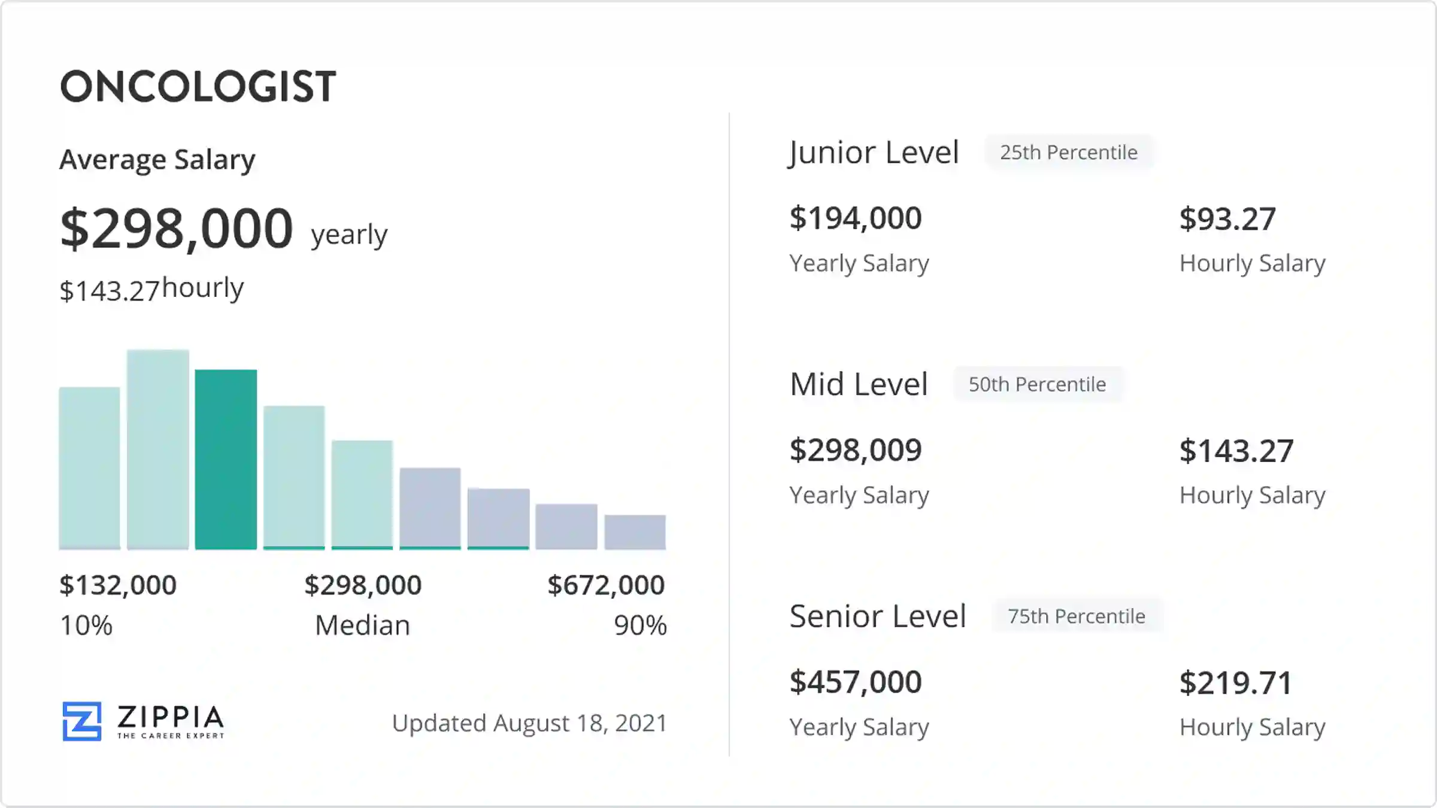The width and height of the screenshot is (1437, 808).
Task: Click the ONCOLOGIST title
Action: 198,87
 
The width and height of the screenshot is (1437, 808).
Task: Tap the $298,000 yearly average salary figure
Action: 177,228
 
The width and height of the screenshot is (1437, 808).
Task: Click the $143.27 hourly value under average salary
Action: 110,291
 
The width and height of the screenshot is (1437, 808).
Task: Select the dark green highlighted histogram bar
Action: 226,459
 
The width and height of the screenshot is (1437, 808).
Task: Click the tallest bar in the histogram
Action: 158,449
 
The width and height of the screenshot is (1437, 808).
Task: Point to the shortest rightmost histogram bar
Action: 635,531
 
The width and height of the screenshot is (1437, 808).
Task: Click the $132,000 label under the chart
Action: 118,585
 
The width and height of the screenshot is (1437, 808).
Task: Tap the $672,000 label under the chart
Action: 606,585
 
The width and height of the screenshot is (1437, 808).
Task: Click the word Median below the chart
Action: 362,625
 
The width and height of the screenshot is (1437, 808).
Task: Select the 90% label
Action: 640,625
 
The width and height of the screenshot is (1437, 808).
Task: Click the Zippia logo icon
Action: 82,721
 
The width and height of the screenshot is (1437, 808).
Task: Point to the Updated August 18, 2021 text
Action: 529,723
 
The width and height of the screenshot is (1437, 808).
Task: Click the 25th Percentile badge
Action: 1069,153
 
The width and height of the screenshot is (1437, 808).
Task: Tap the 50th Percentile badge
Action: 1038,384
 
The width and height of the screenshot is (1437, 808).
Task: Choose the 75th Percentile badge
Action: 1077,616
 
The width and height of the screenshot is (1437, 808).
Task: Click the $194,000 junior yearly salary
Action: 856,218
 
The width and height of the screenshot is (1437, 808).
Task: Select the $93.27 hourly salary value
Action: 1227,219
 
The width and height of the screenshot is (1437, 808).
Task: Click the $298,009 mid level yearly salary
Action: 856,450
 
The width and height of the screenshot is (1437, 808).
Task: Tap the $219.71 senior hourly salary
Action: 1236,683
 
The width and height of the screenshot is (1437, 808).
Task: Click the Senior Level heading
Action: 878,616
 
